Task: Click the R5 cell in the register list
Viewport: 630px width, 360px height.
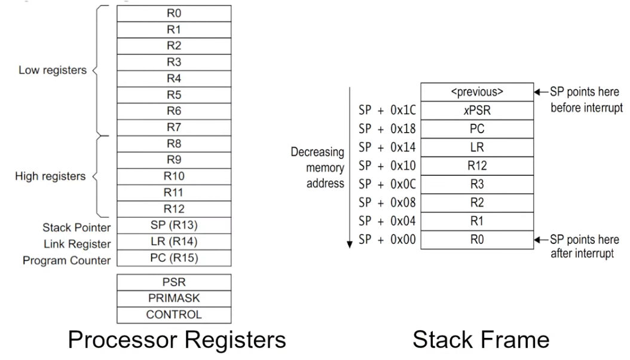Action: [x=173, y=94]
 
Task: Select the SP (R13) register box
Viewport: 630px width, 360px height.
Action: [x=173, y=226]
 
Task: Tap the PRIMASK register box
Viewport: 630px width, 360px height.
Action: [x=173, y=298]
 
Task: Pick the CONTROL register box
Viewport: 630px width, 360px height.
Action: [x=173, y=315]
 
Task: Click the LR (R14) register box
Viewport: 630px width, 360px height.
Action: [x=173, y=242]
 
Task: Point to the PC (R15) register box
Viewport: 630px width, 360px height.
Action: [x=173, y=258]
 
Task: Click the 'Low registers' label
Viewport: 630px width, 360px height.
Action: [x=53, y=70]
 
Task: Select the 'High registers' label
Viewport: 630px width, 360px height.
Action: [x=51, y=176]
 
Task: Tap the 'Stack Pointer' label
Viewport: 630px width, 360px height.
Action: [x=77, y=227]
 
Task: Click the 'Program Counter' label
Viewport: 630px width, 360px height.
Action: [x=67, y=261]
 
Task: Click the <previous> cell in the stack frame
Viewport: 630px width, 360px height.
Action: [x=476, y=93]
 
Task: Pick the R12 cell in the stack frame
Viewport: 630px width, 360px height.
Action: [x=476, y=166]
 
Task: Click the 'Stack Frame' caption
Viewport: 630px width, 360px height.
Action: [x=481, y=339]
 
